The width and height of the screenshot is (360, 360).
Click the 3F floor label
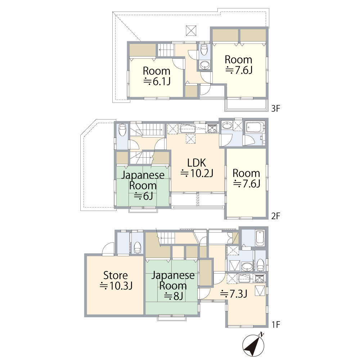tap(276, 108)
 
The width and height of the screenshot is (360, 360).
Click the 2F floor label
tap(276, 216)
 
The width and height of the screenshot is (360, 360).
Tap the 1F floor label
tap(276, 324)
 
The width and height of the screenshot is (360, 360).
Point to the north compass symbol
tap(253, 345)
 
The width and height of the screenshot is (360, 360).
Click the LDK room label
tap(197, 163)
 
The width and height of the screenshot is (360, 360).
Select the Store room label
tap(116, 275)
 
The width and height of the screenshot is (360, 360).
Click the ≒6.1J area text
tap(157, 81)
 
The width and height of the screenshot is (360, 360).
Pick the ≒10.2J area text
tap(197, 174)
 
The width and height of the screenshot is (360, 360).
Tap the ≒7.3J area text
tap(234, 294)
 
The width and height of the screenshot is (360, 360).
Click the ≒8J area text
tap(174, 296)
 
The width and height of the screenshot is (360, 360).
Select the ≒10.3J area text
tap(116, 286)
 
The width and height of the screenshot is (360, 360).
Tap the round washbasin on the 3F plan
tap(204, 65)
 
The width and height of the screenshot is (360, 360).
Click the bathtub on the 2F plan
tap(255, 127)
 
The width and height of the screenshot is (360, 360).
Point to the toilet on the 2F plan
tap(122, 130)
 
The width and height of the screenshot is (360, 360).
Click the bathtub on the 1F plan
tap(260, 238)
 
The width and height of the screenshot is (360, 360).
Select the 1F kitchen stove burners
tap(260, 279)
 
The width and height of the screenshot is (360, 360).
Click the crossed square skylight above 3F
tap(191, 31)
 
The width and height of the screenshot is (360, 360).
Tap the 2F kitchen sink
tap(188, 129)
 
